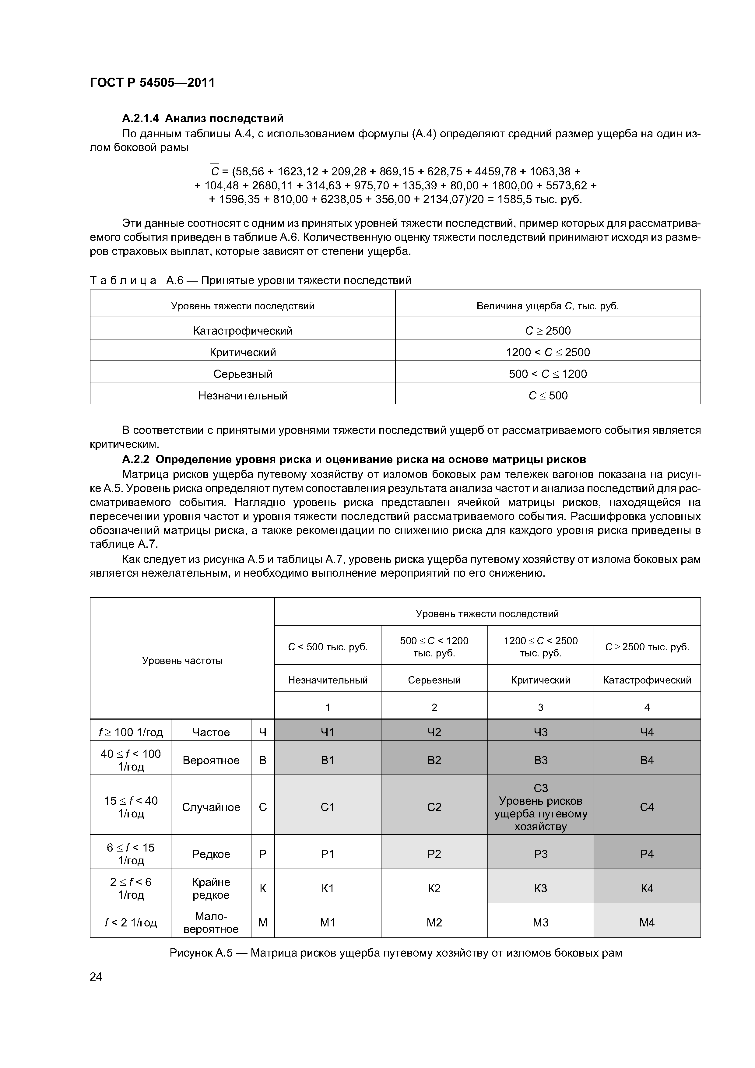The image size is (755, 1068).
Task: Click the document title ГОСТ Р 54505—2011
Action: coord(152,83)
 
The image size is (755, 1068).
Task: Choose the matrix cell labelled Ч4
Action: coord(647,732)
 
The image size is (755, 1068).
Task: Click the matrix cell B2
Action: coord(434,760)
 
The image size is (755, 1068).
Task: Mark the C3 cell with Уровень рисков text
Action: coord(541,807)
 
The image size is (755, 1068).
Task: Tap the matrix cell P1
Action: coord(328,854)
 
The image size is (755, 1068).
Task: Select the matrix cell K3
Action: coord(541,888)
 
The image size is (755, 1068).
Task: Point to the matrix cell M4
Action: coord(647,922)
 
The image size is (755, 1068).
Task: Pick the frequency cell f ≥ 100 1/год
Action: coord(131,732)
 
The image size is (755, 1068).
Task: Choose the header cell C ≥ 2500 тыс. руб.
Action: coord(647,647)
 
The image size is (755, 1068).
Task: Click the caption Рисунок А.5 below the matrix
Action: coord(395,953)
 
